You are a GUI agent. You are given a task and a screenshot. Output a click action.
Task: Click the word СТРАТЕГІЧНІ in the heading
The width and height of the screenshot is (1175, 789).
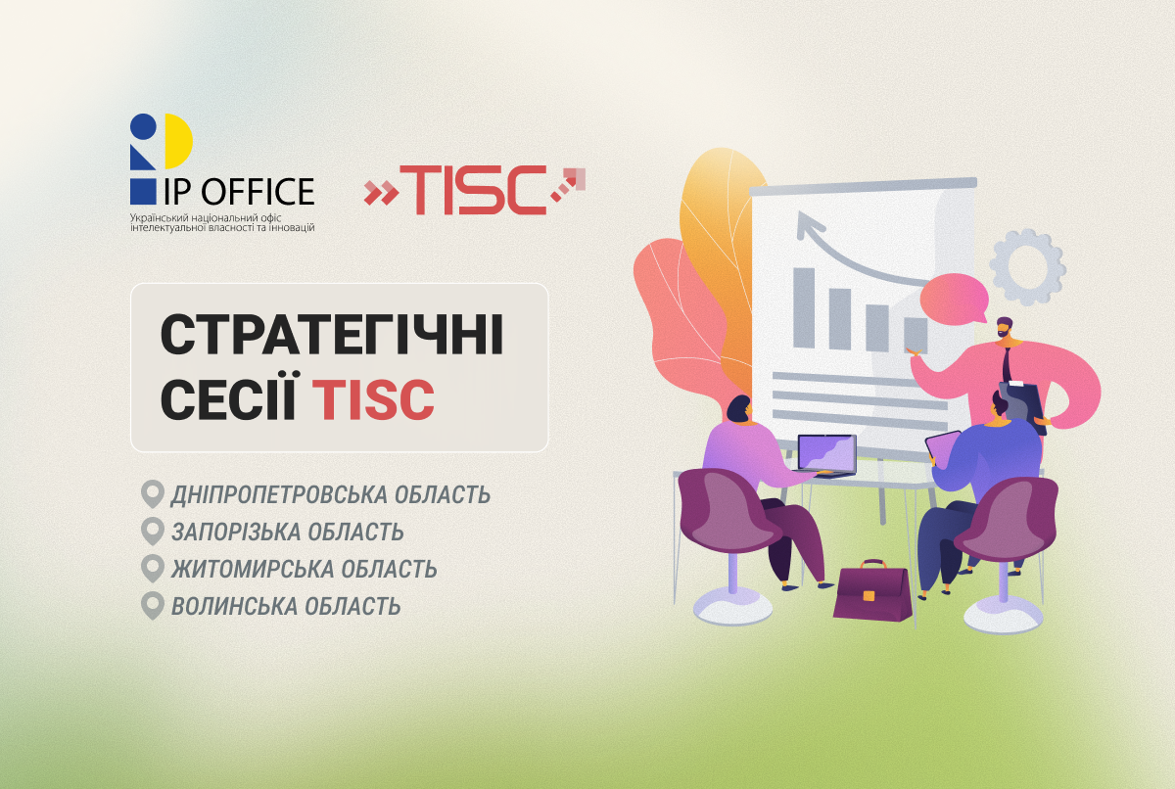(x=332, y=337)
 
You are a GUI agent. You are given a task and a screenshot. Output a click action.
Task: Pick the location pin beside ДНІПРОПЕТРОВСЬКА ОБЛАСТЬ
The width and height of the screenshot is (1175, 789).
(x=152, y=493)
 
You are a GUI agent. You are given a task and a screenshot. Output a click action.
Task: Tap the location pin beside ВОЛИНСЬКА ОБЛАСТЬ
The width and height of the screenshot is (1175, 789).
(x=152, y=605)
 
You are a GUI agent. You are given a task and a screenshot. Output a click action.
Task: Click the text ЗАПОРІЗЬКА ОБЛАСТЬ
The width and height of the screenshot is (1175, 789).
(x=287, y=532)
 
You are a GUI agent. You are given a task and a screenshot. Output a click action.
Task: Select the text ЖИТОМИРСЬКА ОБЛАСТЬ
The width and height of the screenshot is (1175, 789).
(x=304, y=569)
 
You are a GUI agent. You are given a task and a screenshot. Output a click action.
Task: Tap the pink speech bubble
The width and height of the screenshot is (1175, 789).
(x=954, y=298)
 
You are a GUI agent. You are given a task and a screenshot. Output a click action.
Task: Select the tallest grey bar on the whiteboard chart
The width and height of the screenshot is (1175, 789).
(x=804, y=307)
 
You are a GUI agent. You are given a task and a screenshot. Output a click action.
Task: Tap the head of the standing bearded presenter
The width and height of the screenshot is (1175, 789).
(x=1006, y=330)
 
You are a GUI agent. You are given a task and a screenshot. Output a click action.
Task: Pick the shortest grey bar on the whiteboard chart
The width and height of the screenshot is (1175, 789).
(x=915, y=333)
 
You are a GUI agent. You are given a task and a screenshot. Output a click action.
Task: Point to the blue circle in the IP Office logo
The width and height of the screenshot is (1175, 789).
(x=143, y=127)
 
